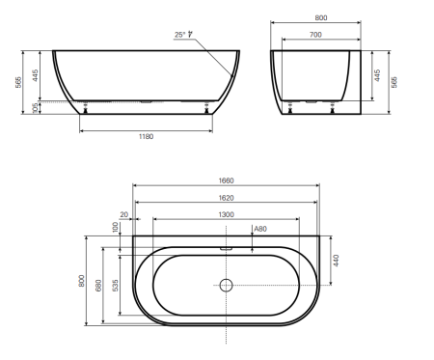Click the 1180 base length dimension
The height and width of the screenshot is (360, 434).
tap(146, 136)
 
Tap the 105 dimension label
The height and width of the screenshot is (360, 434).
tap(36, 108)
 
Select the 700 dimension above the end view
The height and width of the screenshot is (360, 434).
tap(315, 35)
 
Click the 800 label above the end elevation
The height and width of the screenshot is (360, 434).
tap(321, 18)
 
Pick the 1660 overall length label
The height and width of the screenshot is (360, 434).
tap(226, 180)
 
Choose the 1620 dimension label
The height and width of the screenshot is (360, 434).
tap(226, 198)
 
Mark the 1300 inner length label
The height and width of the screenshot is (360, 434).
tap(226, 214)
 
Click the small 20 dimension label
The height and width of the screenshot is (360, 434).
tap(124, 214)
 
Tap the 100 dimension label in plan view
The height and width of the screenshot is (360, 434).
tap(115, 227)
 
